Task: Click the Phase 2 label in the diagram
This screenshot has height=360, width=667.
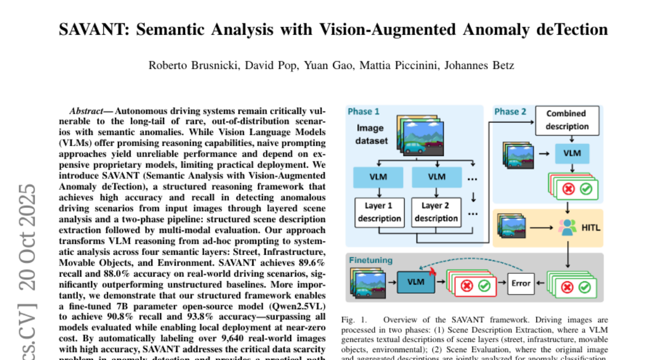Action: (x=510, y=112)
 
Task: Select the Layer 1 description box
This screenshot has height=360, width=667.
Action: (x=379, y=212)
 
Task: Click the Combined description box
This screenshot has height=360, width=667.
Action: (x=566, y=119)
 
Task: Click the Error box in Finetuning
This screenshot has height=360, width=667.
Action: (x=521, y=283)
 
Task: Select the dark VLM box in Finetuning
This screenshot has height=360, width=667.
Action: (x=415, y=282)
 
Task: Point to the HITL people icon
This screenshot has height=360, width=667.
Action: (x=566, y=227)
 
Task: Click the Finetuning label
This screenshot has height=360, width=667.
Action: (x=370, y=259)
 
